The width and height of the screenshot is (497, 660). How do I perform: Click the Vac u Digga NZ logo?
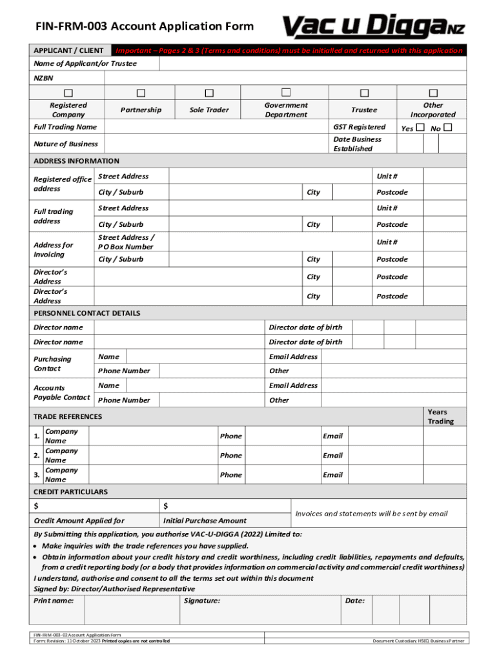click(373, 26)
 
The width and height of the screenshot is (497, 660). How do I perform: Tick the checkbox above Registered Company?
click(68, 94)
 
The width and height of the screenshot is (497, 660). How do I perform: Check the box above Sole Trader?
click(209, 94)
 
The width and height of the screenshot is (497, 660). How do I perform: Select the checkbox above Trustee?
click(364, 94)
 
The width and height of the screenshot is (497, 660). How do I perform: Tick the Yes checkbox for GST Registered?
click(420, 128)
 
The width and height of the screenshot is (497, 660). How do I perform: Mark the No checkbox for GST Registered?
click(448, 128)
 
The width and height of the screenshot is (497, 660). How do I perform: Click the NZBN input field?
click(285, 77)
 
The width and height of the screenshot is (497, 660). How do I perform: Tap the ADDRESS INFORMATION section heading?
click(76, 160)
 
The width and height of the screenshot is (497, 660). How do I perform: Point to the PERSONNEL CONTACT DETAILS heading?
click(86, 313)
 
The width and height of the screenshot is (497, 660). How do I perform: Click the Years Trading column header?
click(440, 416)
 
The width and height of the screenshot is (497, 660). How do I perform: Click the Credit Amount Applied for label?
click(79, 521)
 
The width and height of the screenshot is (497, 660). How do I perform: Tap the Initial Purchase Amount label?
click(205, 521)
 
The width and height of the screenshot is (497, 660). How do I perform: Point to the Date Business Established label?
click(357, 144)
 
